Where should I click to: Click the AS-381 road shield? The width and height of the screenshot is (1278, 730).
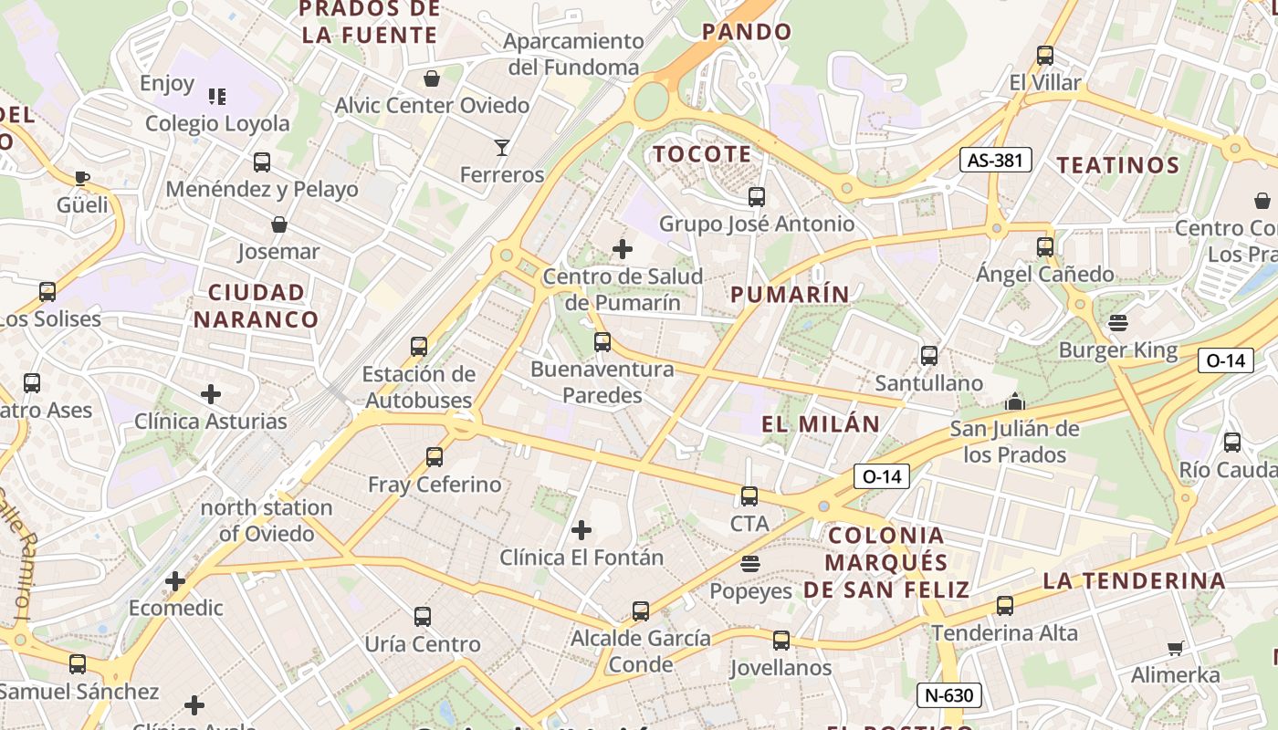996,161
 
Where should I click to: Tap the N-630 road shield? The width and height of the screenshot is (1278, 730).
948,695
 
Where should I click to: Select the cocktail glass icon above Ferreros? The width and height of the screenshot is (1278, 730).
501,147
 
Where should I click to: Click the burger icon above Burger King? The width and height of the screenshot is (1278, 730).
1117,322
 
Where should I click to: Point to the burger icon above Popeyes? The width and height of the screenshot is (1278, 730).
750,564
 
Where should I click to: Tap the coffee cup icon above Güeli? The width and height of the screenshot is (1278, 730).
82,178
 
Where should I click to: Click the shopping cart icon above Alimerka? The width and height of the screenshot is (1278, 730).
1175,649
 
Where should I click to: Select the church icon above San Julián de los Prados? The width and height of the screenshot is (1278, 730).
1014,401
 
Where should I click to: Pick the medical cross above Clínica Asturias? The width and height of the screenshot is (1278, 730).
211,394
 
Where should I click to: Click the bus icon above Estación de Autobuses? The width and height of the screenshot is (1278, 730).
419,347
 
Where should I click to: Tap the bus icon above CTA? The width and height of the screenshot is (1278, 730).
749,496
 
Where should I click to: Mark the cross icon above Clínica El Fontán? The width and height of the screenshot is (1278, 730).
581,530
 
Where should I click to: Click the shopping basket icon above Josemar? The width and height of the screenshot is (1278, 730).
279,224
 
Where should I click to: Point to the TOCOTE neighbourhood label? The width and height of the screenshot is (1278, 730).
702,154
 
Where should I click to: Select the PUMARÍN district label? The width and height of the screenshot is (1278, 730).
791,294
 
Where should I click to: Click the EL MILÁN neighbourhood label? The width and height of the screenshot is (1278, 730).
821,423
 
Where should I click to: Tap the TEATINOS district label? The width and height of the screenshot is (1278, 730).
1118,165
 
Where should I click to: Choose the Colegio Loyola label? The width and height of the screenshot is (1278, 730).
217,123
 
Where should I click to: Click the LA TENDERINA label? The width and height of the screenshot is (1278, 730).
1134,580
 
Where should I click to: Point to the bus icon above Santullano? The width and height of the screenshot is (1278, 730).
929,356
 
